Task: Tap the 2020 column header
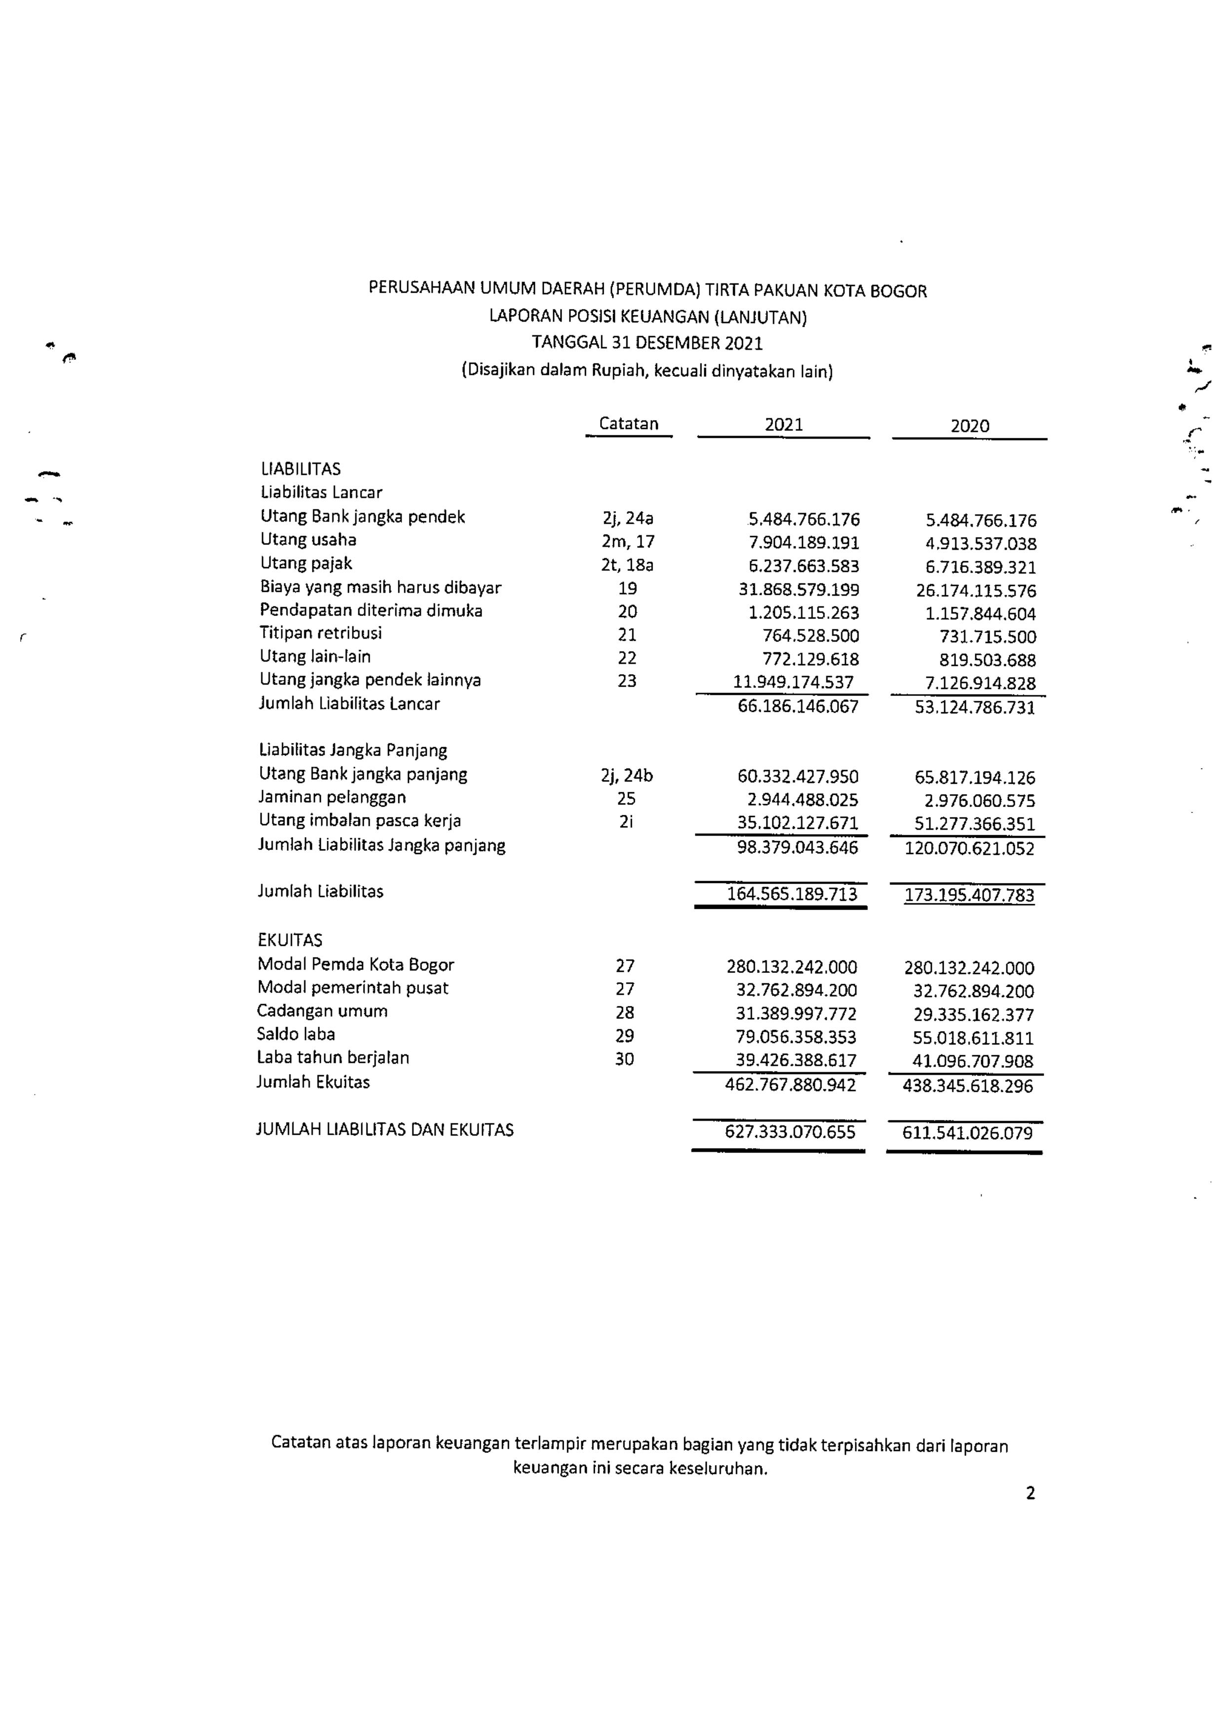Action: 969,426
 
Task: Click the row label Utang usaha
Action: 308,539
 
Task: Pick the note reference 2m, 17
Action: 628,542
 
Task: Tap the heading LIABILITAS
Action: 301,469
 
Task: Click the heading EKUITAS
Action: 290,940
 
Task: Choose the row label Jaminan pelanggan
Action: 332,797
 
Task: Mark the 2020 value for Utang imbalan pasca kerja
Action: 974,824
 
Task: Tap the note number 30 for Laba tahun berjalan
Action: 624,1059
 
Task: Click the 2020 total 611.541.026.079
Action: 968,1133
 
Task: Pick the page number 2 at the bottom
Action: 1030,1493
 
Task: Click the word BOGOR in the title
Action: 898,291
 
